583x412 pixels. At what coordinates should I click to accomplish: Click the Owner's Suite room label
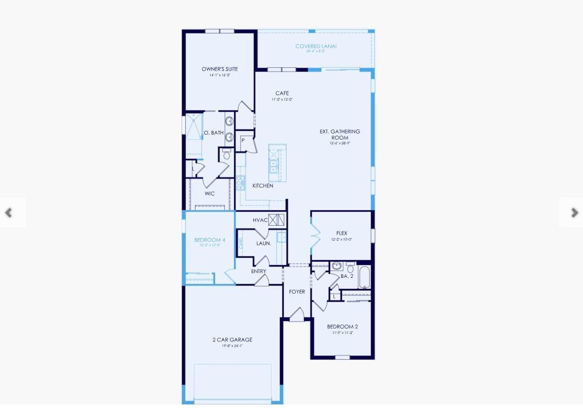[219, 69]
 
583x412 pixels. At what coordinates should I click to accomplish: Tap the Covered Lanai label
[316, 46]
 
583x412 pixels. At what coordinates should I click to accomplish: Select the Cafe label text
[282, 93]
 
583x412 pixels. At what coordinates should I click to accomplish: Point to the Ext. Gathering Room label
[339, 134]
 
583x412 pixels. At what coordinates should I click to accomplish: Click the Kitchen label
[263, 186]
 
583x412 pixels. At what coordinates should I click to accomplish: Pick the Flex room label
[342, 233]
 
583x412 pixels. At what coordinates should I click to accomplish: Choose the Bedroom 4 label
[210, 240]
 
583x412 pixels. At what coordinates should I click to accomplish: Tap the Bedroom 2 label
[342, 326]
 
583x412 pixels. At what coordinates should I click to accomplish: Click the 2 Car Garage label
[232, 340]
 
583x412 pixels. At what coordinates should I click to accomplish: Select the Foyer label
[297, 291]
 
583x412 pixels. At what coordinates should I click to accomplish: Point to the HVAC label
[260, 220]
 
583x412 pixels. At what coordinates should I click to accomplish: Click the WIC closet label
[210, 193]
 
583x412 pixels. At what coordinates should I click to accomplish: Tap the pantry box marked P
[243, 141]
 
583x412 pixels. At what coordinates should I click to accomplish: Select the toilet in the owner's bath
[226, 155]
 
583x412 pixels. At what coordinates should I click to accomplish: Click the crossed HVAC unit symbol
[276, 220]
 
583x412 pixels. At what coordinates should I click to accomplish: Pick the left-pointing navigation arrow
[9, 213]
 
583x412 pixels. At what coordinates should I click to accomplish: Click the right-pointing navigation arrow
[574, 213]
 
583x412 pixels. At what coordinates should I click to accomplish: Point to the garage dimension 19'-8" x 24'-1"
[232, 346]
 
